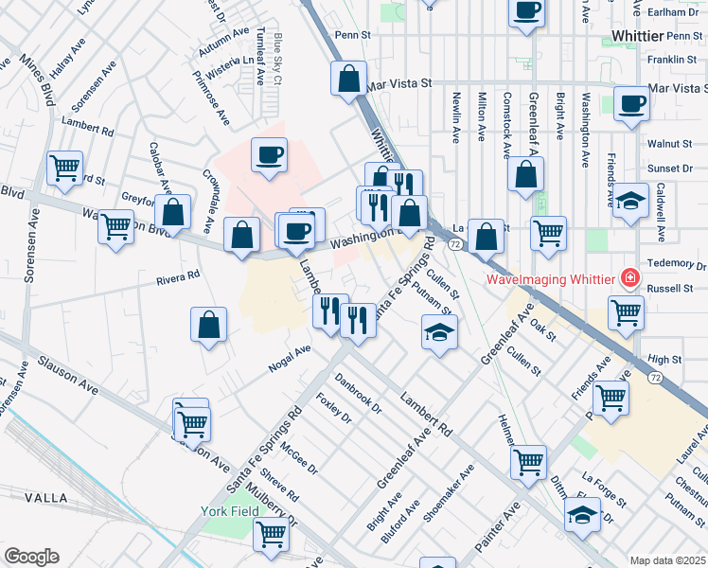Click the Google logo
(31, 556)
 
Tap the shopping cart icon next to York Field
(271, 535)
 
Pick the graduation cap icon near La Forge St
(583, 515)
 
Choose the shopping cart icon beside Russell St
(626, 312)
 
